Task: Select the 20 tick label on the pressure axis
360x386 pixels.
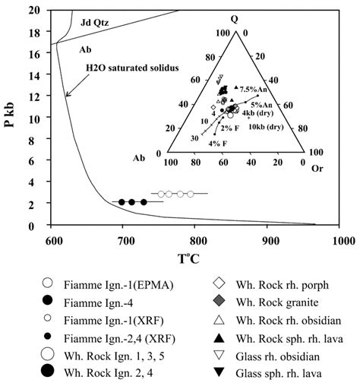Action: (35, 10)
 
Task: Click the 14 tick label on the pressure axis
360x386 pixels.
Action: (35, 74)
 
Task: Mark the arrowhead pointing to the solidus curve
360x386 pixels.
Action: (67, 94)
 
